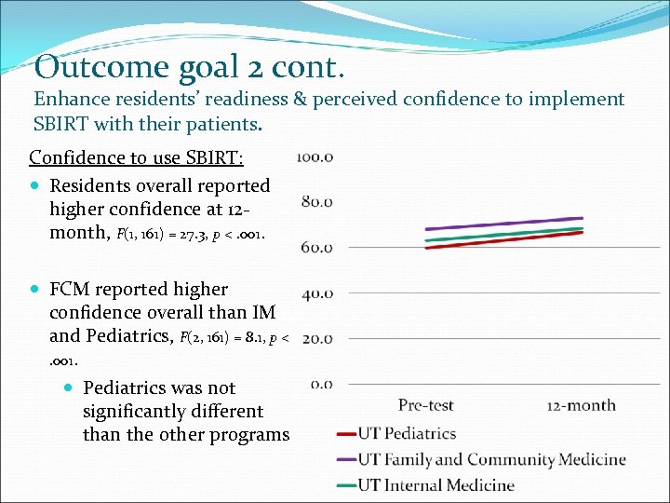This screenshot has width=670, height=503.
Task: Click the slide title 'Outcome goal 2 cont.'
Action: click(x=189, y=67)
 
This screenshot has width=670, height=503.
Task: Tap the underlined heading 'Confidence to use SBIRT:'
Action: click(x=136, y=157)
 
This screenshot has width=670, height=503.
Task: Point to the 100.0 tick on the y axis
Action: click(x=315, y=156)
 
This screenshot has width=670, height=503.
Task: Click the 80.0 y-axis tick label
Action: click(x=316, y=201)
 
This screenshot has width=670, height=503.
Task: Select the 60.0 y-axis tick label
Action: click(x=316, y=247)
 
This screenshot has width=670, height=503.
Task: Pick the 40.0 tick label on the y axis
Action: click(x=316, y=293)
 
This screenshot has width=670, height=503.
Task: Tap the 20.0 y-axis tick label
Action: click(x=316, y=338)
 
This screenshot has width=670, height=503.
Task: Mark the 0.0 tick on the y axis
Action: click(x=321, y=383)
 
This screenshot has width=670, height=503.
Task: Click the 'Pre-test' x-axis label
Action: click(x=425, y=405)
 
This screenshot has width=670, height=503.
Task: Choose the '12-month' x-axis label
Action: click(x=581, y=405)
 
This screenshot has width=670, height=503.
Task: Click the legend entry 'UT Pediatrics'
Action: click(x=407, y=434)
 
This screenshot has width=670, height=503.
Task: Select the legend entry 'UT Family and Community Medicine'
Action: click(x=491, y=459)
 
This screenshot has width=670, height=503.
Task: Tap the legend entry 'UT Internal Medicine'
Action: click(x=435, y=484)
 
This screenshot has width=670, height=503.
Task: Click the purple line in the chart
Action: click(x=503, y=224)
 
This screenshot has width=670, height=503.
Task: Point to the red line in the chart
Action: click(x=503, y=240)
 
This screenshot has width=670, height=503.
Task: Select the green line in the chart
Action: click(x=503, y=234)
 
